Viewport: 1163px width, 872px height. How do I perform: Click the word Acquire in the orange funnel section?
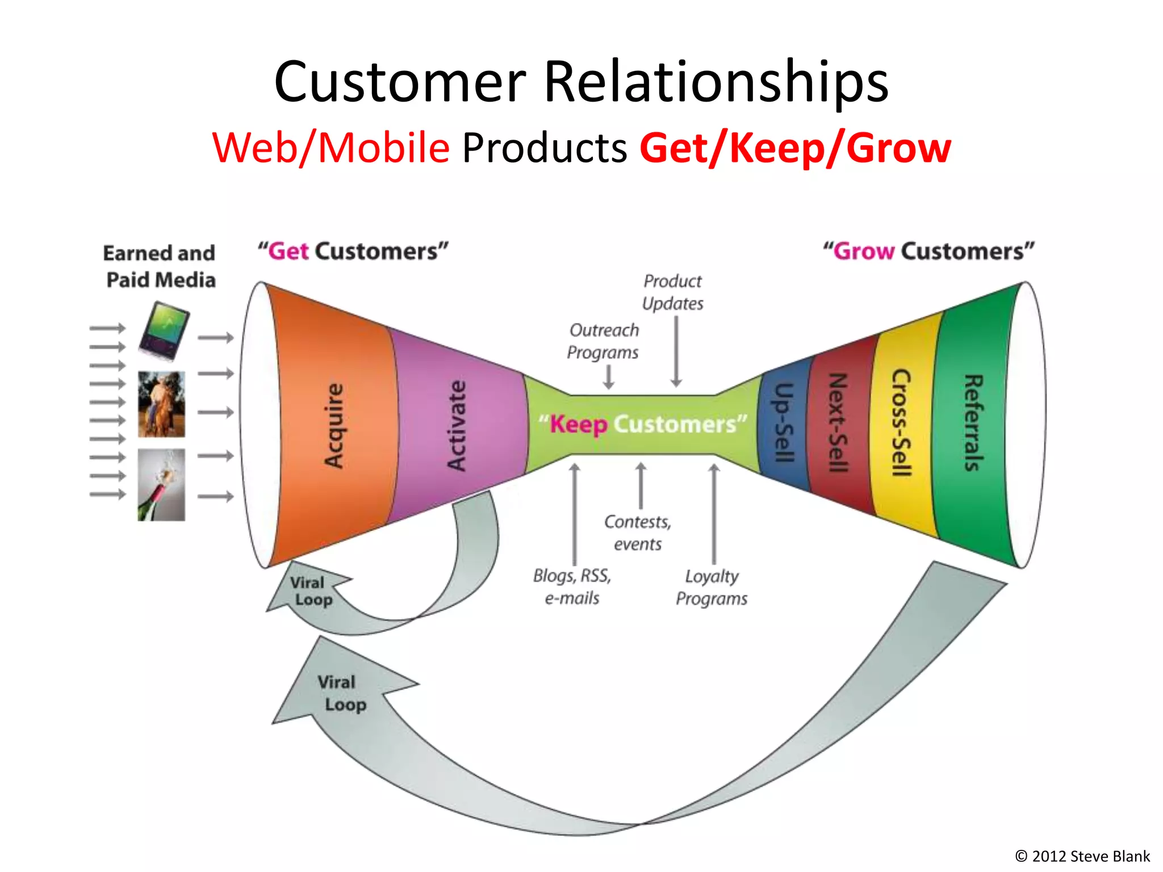[x=334, y=426]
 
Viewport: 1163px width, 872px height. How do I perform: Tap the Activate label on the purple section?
[x=457, y=426]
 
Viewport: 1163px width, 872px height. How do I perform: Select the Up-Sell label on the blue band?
[x=784, y=423]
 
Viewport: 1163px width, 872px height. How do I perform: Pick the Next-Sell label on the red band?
[x=838, y=423]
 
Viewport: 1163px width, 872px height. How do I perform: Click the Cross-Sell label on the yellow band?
[x=901, y=423]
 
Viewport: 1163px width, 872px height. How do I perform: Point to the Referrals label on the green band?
[x=973, y=423]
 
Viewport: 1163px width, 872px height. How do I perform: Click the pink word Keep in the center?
[x=578, y=425]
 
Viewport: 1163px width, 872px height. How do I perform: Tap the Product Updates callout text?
[x=672, y=292]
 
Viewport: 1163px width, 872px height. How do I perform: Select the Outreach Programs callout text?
[x=603, y=341]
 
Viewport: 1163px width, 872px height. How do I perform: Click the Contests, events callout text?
[x=637, y=533]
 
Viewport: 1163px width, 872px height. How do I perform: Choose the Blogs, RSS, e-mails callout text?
[x=572, y=586]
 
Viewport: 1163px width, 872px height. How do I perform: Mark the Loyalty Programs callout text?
[x=712, y=587]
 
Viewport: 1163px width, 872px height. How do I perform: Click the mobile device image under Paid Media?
[x=164, y=332]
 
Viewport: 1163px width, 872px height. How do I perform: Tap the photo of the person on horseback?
[x=161, y=404]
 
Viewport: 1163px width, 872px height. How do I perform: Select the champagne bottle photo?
[x=161, y=485]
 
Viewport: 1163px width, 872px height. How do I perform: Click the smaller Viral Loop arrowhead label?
[x=310, y=591]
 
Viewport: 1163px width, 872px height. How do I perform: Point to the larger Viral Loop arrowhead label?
[x=341, y=693]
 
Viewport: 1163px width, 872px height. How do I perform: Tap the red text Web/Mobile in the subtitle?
[x=331, y=148]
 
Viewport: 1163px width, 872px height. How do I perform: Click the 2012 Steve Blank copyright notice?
[x=1082, y=856]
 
